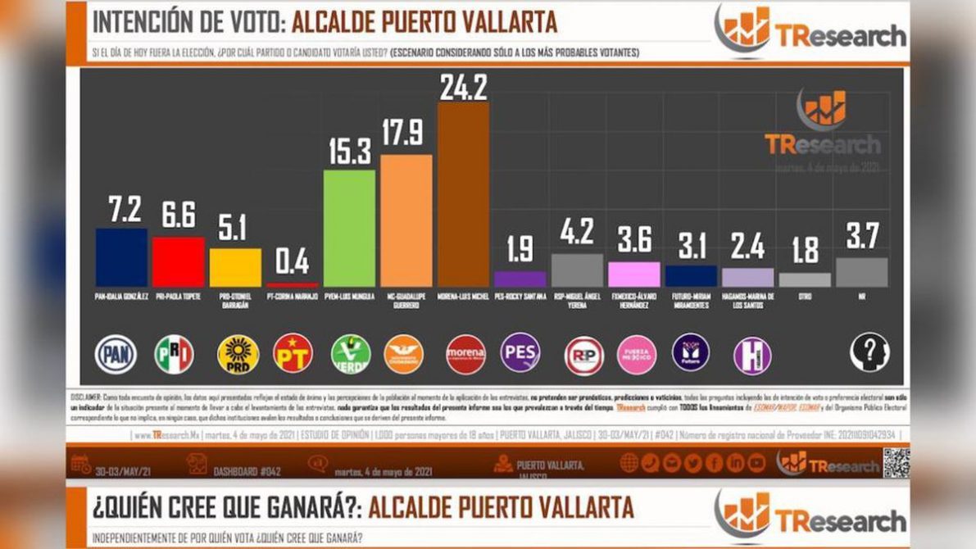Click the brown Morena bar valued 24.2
click(463, 193)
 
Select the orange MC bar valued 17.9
click(406, 220)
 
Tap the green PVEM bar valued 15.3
click(350, 228)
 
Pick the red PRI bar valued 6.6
click(179, 261)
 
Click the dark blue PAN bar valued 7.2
click(121, 257)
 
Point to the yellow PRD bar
click(235, 267)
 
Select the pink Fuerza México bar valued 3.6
click(633, 274)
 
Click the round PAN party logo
click(116, 354)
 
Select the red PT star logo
click(293, 353)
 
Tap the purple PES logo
click(520, 352)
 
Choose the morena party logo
click(465, 354)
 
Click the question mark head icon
click(869, 352)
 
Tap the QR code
click(896, 463)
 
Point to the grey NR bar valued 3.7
click(861, 272)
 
